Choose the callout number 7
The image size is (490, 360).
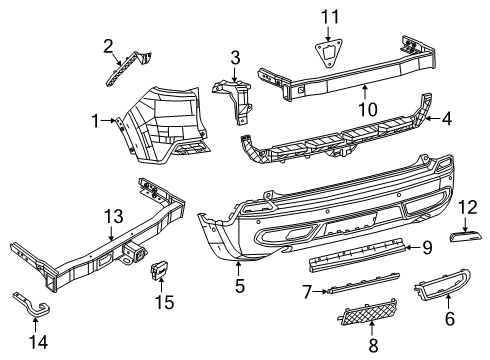tap(307, 292)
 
